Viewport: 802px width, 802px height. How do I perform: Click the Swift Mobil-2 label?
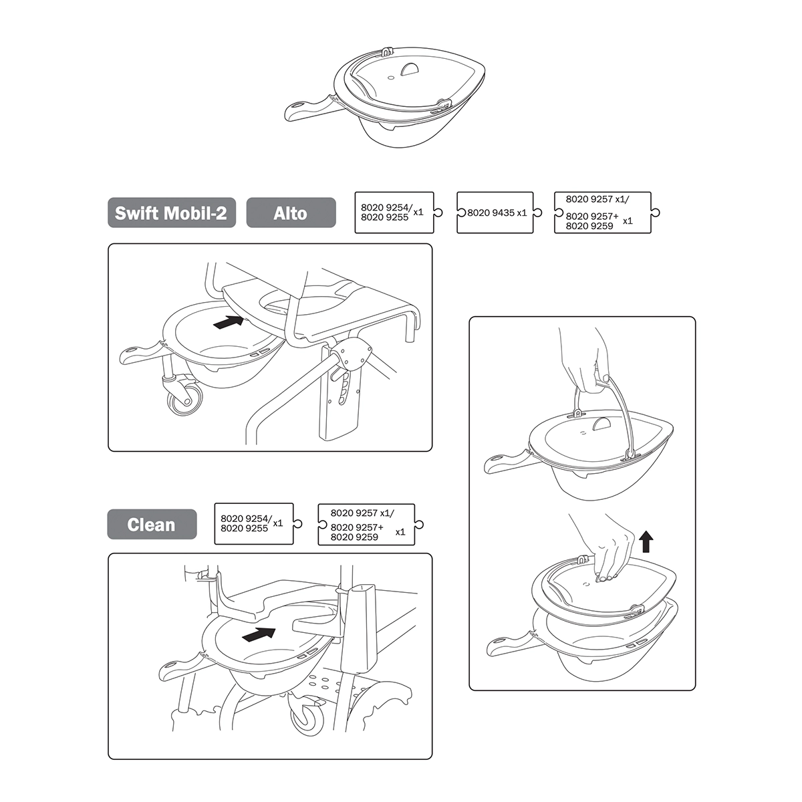172,213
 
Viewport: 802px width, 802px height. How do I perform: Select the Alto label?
291,213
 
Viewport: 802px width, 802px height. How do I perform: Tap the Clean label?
152,525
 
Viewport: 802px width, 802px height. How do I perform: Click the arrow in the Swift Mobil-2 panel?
228,322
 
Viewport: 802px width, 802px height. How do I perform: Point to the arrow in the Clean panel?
259,634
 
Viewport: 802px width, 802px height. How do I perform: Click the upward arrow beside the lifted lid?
646,541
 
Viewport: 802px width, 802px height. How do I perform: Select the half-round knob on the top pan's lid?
410,70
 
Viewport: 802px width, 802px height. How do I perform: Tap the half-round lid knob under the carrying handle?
602,424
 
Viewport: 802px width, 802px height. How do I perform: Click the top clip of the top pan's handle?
387,51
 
